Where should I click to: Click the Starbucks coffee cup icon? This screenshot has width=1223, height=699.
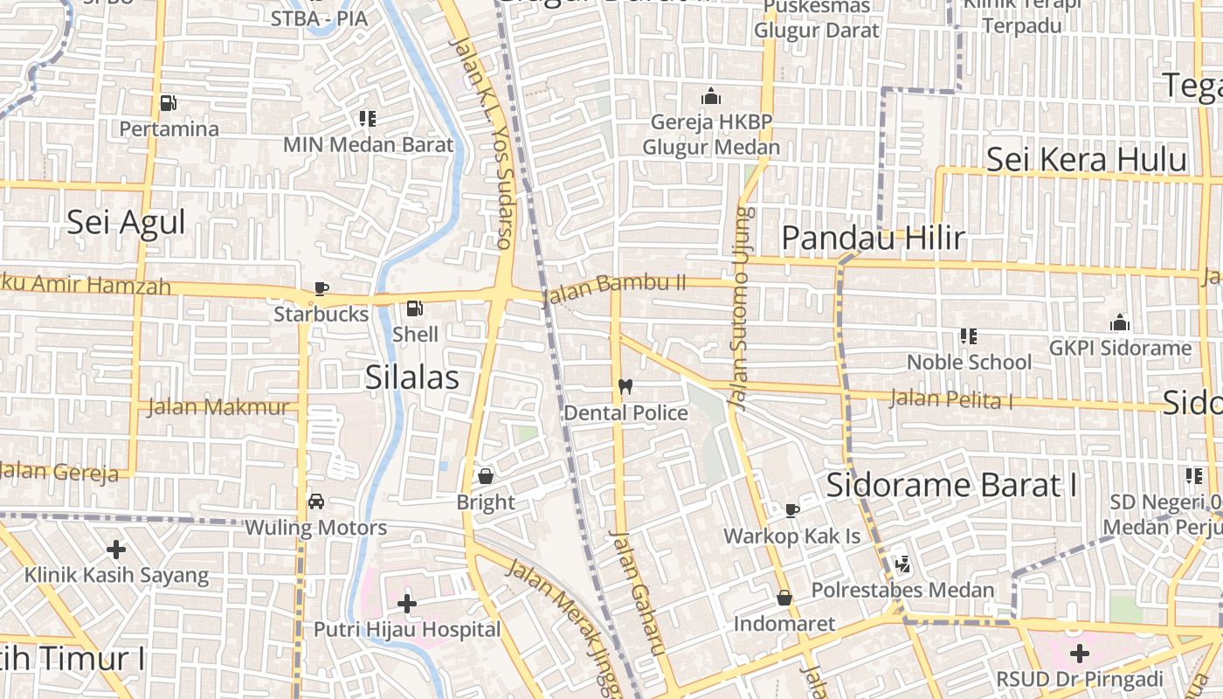[x=321, y=288]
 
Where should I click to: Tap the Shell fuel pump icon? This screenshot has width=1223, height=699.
[x=415, y=308]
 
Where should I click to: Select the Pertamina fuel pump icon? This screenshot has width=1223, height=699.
[x=168, y=103]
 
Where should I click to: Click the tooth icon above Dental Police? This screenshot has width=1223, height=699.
[x=625, y=386]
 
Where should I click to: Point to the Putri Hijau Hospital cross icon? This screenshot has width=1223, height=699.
[x=406, y=603]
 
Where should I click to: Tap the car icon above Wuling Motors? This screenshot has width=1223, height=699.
[x=316, y=502]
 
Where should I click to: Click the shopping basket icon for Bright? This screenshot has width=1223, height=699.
[x=486, y=476]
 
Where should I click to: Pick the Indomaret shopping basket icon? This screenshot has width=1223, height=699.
[x=784, y=598]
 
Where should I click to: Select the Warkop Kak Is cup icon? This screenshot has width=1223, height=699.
[x=792, y=509]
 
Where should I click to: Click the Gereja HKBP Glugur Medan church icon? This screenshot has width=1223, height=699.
[x=711, y=95]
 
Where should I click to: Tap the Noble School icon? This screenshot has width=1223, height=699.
[x=968, y=336]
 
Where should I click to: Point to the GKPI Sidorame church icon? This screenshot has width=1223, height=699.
[x=1120, y=322]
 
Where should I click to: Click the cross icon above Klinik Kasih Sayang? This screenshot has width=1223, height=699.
[x=116, y=550]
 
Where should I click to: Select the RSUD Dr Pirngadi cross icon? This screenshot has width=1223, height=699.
[x=1080, y=653]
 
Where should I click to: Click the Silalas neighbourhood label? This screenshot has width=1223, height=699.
[x=411, y=377]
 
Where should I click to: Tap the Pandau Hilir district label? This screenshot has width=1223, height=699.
[x=873, y=237]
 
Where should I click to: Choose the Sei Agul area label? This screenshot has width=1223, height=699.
[x=127, y=222]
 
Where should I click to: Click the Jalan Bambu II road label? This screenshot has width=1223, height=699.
[x=614, y=290]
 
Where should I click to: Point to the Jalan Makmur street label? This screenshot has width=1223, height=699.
[x=218, y=406]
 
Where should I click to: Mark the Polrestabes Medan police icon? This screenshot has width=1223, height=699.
[x=902, y=564]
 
